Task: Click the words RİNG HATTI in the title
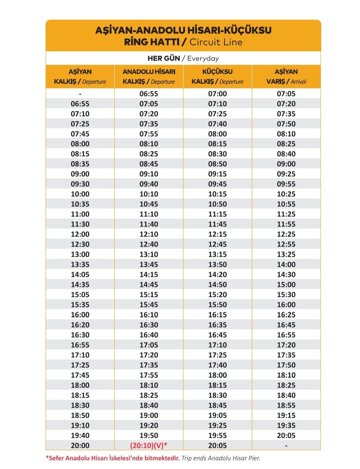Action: point(152,42)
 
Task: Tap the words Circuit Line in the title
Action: point(216,42)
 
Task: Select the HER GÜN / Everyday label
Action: point(183,58)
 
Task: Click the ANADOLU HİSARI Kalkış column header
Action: point(149,77)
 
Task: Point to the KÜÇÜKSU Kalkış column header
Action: point(217,77)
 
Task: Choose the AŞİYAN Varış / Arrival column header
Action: point(286,77)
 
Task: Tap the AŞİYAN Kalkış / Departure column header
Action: point(80,77)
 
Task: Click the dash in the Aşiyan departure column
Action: point(80,94)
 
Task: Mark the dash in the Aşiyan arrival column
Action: point(286,446)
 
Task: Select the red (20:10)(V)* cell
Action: point(149,446)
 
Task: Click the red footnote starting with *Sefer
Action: point(113,458)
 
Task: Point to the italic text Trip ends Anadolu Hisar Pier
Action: point(221,458)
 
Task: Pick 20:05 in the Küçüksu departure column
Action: point(217,446)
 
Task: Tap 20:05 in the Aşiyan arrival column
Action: point(286,435)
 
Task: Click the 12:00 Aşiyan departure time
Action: point(80,234)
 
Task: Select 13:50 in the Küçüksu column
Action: point(217,264)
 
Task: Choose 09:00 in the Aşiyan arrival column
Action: point(286,164)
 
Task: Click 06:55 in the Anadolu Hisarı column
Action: point(149,94)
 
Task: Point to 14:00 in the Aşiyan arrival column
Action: point(286,264)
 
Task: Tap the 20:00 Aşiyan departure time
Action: point(80,446)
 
